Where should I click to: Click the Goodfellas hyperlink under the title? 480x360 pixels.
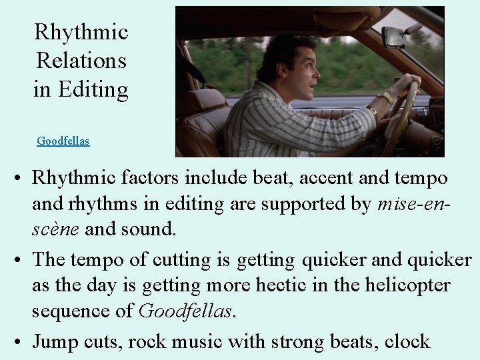click(x=63, y=141)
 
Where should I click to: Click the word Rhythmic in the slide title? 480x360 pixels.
click(x=81, y=31)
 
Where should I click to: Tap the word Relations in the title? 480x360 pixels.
click(x=81, y=60)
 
